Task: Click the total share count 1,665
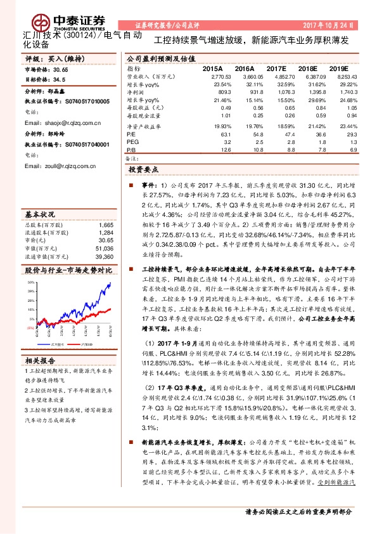[106, 225]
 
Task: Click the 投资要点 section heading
[143, 171]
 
